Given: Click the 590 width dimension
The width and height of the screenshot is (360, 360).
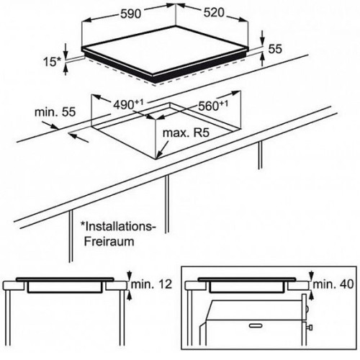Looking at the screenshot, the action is point(130,14).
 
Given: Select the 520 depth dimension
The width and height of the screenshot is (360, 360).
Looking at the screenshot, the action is point(214,12).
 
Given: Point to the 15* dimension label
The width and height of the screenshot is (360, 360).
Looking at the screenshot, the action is point(53,62).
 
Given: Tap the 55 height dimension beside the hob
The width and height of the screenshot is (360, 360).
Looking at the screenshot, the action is point(275,49).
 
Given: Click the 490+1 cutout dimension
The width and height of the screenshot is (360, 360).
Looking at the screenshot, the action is point(128,104).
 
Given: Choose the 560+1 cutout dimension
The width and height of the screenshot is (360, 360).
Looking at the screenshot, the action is point(213,105).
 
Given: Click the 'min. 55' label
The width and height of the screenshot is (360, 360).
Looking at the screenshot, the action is point(55,112).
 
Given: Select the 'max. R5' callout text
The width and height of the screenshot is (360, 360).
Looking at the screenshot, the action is point(186,132).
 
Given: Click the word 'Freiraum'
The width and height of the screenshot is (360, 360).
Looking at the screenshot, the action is point(109,241).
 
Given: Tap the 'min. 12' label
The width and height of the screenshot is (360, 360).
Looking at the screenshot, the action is point(151,284).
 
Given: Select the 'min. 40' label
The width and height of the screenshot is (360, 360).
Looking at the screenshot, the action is point(333,284).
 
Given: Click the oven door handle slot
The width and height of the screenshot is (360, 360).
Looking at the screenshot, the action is point(256,325).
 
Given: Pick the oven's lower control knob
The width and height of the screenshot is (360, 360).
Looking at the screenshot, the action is point(310,327).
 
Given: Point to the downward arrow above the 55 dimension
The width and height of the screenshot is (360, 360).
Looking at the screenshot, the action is point(263,37).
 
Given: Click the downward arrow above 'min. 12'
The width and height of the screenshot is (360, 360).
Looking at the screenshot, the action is point(130,276).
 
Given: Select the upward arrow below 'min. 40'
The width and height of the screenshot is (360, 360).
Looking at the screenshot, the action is point(311,294).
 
